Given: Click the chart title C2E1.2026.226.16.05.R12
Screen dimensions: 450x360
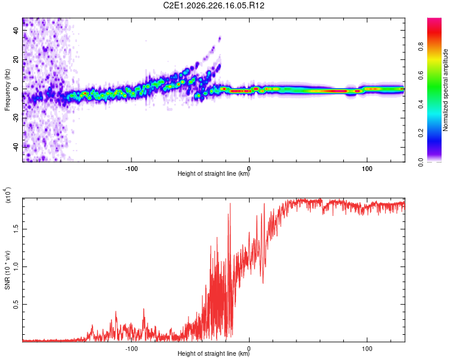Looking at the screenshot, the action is coord(214,5).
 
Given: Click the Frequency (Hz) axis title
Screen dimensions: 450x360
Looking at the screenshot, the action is coord(7,90).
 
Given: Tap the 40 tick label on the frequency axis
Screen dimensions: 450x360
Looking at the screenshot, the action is coord(16,30).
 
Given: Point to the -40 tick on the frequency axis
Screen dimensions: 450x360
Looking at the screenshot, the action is coord(16,148).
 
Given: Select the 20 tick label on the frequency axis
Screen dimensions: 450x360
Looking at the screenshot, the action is coord(16,59).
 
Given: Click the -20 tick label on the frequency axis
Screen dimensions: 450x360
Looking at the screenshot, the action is coord(16,118).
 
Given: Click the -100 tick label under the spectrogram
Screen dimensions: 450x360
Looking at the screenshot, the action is coord(131,169).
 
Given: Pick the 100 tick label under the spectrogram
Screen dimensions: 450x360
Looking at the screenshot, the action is coord(367,169).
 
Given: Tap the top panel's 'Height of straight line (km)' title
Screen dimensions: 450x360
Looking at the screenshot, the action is coord(214,173).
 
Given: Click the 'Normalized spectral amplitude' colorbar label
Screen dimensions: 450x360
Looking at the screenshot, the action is coord(445,90).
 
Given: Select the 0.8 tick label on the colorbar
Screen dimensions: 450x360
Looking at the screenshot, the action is coord(421,47).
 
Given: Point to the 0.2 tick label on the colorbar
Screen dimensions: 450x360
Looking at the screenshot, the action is coord(421,133).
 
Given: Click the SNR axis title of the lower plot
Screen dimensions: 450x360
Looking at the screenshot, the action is coord(7,270).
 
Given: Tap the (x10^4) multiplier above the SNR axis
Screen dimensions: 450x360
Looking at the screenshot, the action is coord(7,195).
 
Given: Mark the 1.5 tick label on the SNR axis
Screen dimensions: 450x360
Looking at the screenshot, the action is coord(16,229).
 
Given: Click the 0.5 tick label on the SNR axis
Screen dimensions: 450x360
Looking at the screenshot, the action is coord(16,304).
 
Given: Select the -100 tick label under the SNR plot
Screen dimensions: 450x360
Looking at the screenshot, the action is coord(131,349).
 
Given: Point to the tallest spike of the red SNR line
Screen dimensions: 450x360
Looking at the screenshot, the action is coord(230,203).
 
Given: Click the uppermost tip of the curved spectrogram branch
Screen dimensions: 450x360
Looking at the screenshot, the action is coord(220,37).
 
